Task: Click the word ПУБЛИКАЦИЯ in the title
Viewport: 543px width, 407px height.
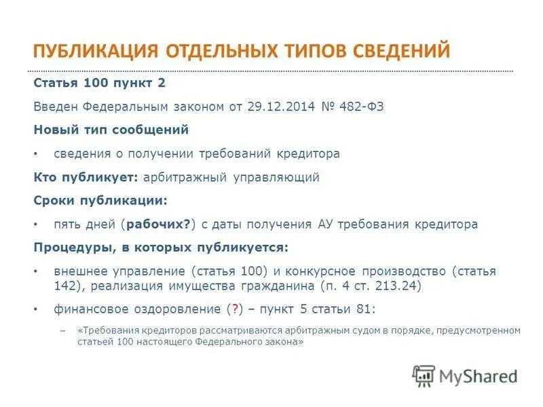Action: pos(96,51)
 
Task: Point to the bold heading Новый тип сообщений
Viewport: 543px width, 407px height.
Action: pos(111,130)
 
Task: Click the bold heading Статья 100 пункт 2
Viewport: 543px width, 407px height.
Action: pos(100,83)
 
